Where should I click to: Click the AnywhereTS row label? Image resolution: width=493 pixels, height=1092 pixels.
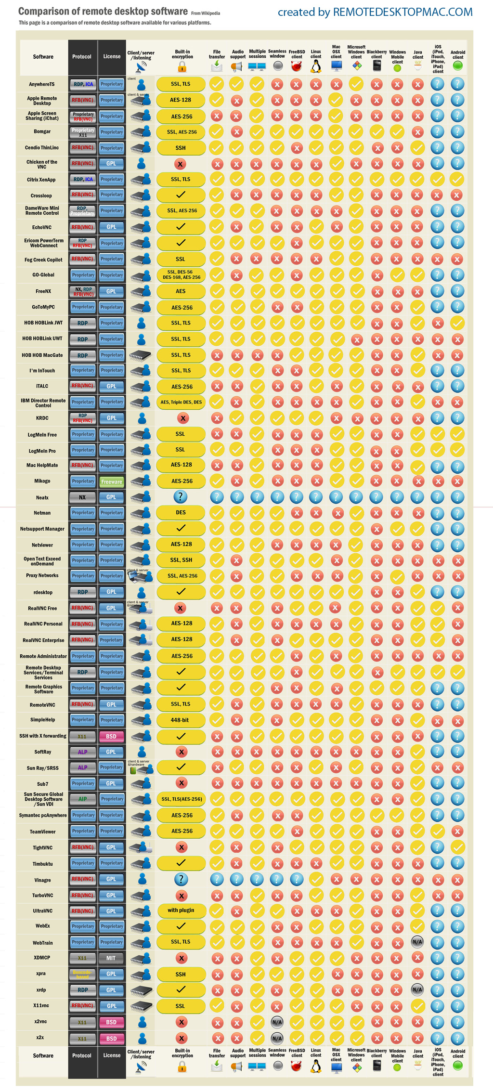coord(42,84)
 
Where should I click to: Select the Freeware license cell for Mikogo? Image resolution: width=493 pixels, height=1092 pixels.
coord(112,481)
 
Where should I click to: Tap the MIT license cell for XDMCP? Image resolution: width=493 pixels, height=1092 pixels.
coord(111,958)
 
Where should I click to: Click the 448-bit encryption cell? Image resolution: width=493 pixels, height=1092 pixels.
coord(180,720)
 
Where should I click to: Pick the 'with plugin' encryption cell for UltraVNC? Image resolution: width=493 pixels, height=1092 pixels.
coord(181,910)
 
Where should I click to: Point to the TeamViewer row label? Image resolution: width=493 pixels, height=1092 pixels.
coord(42,832)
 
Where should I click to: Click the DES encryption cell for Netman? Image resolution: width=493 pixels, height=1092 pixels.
coord(181,513)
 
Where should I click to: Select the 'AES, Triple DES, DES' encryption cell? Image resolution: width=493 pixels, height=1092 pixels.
coord(181,403)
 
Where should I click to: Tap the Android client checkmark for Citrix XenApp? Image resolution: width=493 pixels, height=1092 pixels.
coord(457,180)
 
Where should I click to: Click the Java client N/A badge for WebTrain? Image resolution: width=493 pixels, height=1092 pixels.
coord(417,942)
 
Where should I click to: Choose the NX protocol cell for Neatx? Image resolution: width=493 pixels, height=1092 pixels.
coord(82,497)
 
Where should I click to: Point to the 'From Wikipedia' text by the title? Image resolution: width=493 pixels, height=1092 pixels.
coord(206,13)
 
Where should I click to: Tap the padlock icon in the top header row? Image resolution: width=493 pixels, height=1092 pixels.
coord(182,67)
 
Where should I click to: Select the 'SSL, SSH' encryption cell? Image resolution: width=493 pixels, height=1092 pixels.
coord(181,560)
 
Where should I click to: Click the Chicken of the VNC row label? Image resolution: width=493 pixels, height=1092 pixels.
coord(42,164)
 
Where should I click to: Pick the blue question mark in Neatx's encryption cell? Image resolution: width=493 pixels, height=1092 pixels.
coord(180,497)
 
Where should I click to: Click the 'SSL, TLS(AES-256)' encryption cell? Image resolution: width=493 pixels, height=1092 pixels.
coord(182,799)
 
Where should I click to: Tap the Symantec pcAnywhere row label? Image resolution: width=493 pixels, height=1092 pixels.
coord(43,815)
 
